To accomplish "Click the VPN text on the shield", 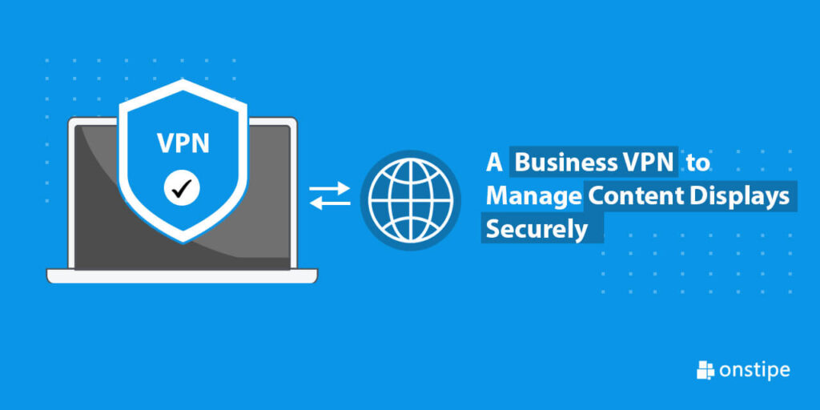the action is [183, 143].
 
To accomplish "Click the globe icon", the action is [410, 200].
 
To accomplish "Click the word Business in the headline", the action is [566, 163].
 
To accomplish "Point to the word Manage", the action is [533, 197].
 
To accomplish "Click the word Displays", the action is [739, 197].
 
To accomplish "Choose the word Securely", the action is [537, 230].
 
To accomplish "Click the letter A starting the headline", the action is [494, 163].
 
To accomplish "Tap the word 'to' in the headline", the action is [697, 164].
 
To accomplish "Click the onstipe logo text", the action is [754, 371].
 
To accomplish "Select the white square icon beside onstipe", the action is [705, 371].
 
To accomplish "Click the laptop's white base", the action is [182, 275].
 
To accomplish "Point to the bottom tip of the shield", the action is [183, 243].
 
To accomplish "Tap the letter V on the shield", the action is [166, 143].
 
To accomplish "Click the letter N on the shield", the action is [200, 143].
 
